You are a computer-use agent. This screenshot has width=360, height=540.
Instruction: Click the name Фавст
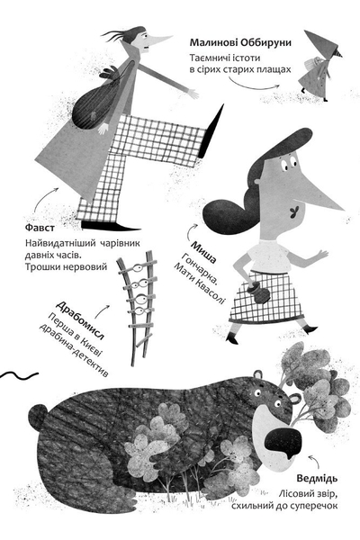40,228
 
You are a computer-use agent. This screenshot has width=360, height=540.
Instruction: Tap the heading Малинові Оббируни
240,42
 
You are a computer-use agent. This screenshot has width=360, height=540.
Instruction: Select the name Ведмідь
317,479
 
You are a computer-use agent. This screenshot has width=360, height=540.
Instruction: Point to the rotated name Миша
203,252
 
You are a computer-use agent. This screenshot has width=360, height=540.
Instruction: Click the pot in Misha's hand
259,292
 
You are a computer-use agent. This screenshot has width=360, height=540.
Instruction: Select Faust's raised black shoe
210,132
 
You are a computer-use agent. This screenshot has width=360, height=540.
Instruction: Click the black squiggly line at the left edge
19,375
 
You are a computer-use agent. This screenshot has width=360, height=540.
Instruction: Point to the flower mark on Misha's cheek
294,212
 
